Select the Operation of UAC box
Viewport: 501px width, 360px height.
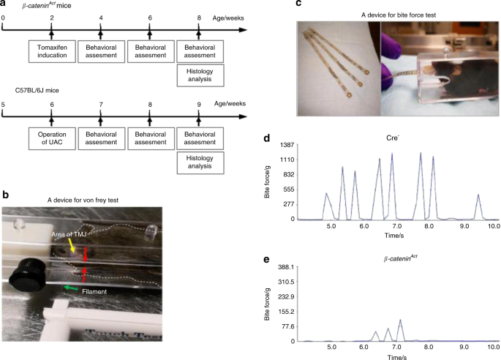point(52,140)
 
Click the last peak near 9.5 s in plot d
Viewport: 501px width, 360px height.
point(478,196)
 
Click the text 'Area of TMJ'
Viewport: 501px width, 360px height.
point(71,232)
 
